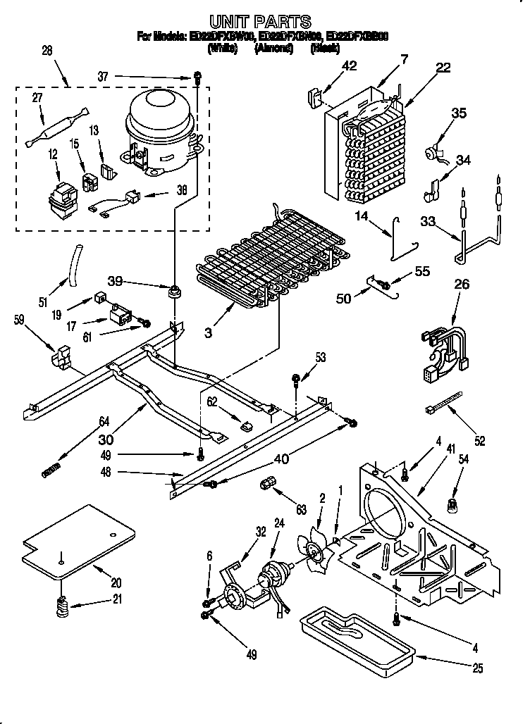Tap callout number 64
pyautogui.click(x=104, y=422)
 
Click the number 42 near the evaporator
pyautogui.click(x=349, y=66)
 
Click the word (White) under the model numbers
pyautogui.click(x=221, y=49)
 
